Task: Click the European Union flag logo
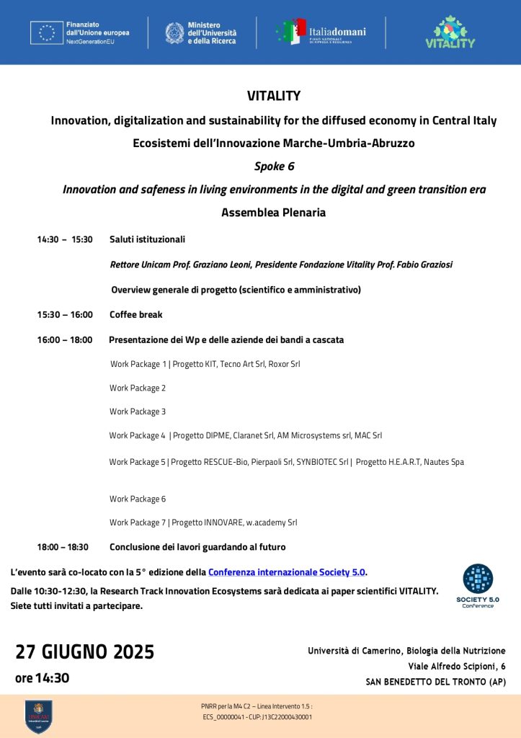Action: pyautogui.click(x=47, y=32)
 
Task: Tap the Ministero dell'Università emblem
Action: pyautogui.click(x=174, y=32)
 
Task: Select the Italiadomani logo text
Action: pyautogui.click(x=337, y=32)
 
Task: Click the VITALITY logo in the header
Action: pyautogui.click(x=450, y=32)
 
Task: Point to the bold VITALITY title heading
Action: pyautogui.click(x=274, y=96)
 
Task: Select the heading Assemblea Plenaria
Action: pyautogui.click(x=274, y=213)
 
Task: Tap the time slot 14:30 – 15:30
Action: pyautogui.click(x=65, y=239)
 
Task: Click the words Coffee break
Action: pyautogui.click(x=136, y=314)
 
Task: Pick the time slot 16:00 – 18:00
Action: pyautogui.click(x=65, y=339)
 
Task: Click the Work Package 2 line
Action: pyautogui.click(x=138, y=388)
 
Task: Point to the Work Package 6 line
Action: pyautogui.click(x=138, y=499)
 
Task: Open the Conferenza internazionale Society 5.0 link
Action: pyautogui.click(x=287, y=572)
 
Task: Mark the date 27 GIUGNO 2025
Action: pyautogui.click(x=85, y=652)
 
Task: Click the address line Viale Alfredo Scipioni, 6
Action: pyautogui.click(x=456, y=666)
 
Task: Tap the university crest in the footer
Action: pyautogui.click(x=38, y=716)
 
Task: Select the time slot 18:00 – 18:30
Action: pyautogui.click(x=63, y=547)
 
